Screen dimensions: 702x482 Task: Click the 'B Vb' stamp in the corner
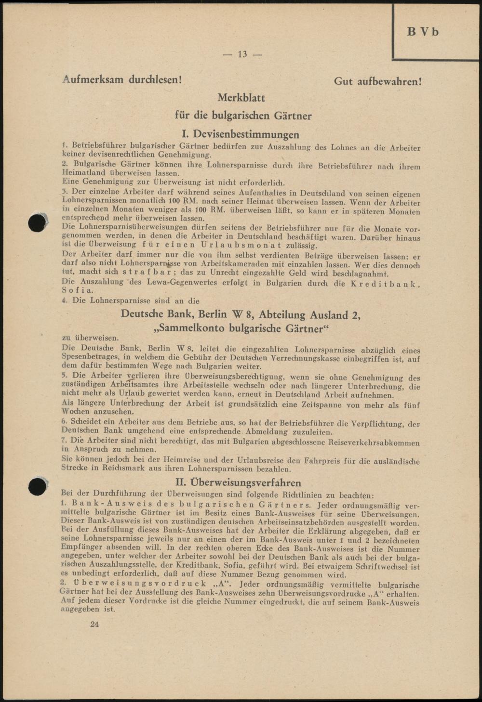pyautogui.click(x=423, y=32)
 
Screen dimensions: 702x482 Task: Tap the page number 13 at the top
pyautogui.click(x=242, y=54)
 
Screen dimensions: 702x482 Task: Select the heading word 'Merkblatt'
pyautogui.click(x=241, y=98)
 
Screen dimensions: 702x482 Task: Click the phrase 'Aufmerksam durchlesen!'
pyautogui.click(x=122, y=79)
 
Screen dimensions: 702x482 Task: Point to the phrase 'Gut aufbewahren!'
pyautogui.click(x=378, y=81)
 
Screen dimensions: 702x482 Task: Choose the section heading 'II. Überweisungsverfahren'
pyautogui.click(x=240, y=482)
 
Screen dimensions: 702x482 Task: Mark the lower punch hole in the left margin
pyautogui.click(x=37, y=486)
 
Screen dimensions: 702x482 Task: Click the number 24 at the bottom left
pyautogui.click(x=94, y=624)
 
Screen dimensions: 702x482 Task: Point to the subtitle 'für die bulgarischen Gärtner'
pyautogui.click(x=243, y=116)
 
